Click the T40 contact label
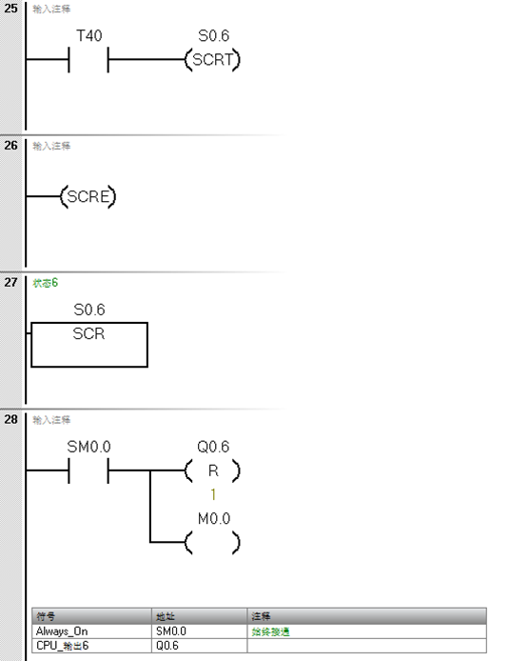tap(88, 36)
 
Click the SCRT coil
tap(213, 61)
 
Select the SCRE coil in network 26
tap(88, 198)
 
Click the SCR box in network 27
tap(89, 345)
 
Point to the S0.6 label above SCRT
tap(213, 36)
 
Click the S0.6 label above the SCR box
tap(89, 310)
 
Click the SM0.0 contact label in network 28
tap(88, 446)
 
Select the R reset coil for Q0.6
tap(213, 471)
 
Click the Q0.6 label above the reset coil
tap(213, 446)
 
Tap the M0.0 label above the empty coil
tap(213, 518)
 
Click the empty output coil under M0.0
tap(213, 543)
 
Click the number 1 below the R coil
tap(213, 494)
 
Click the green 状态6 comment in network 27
tap(46, 283)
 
